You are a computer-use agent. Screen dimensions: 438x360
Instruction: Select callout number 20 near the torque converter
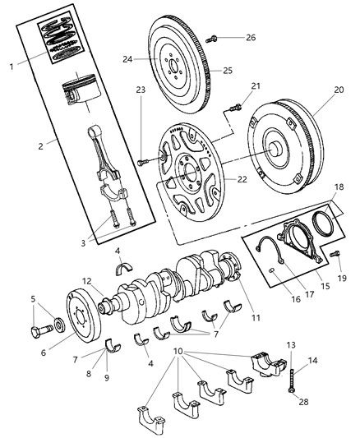click(x=339, y=91)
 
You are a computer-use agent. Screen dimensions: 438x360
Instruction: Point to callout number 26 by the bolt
click(x=251, y=37)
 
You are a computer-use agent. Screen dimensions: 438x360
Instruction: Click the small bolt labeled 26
click(x=213, y=37)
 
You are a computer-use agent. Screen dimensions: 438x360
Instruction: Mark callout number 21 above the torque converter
click(x=256, y=85)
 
